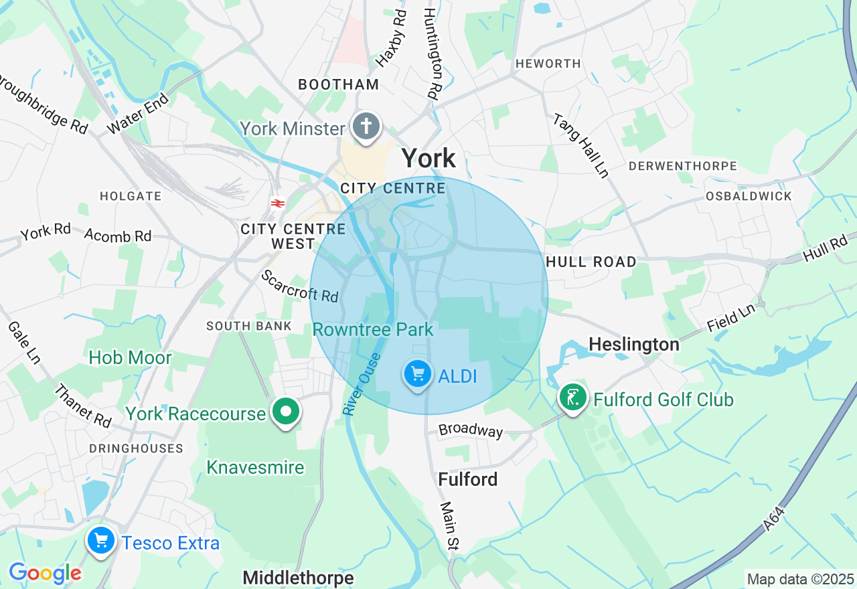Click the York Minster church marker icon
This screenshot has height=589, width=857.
(x=366, y=126)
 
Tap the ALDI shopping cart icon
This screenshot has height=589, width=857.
(x=418, y=373)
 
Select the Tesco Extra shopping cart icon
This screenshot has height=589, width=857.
(x=101, y=539)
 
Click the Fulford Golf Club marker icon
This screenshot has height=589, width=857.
(x=573, y=398)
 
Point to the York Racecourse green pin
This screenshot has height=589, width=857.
(x=287, y=412)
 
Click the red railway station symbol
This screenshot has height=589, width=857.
(x=277, y=203)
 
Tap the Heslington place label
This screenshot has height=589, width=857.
(x=633, y=344)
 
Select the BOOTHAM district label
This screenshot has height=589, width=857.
(x=339, y=84)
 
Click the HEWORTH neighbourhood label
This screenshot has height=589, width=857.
(x=548, y=64)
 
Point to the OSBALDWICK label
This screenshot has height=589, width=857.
(x=749, y=196)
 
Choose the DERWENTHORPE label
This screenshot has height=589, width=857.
(x=682, y=166)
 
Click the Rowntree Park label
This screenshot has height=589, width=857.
(x=373, y=329)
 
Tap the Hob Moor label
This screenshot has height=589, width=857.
(x=130, y=357)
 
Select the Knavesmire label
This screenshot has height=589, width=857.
(x=255, y=467)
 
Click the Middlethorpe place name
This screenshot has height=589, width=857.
(x=298, y=577)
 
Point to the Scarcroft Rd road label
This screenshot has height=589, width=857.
(x=299, y=286)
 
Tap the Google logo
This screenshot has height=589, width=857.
(x=45, y=573)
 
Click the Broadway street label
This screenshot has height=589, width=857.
(x=470, y=430)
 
